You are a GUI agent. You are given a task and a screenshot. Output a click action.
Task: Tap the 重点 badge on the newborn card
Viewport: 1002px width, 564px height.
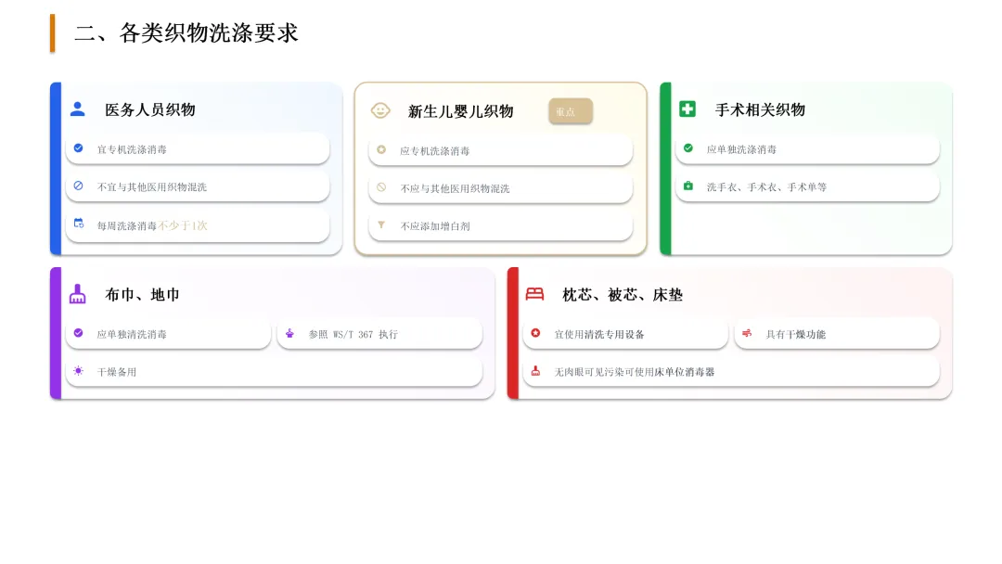(570, 111)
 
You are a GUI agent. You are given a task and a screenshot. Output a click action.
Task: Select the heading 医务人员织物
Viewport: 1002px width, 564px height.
(149, 109)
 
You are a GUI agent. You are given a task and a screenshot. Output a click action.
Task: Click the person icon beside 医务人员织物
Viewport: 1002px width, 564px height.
(78, 109)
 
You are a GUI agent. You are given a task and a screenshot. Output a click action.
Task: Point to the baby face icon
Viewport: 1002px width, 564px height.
(380, 110)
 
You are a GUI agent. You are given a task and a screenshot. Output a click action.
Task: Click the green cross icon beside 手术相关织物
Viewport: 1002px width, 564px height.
(687, 109)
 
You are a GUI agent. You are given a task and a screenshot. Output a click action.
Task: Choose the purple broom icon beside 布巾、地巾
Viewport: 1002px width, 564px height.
(78, 294)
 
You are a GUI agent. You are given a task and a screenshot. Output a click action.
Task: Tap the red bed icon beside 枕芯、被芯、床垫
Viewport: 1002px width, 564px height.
(534, 294)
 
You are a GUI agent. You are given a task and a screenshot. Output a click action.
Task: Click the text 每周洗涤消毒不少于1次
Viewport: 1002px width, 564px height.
(152, 225)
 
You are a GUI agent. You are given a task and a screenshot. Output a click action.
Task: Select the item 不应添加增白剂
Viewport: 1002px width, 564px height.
(435, 226)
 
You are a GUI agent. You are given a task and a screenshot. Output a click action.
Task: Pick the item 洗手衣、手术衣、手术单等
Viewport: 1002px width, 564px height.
(766, 187)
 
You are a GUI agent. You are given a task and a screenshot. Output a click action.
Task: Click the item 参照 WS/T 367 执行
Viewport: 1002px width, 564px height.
(353, 334)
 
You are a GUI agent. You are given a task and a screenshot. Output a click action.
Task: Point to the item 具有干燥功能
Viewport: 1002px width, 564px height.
(795, 334)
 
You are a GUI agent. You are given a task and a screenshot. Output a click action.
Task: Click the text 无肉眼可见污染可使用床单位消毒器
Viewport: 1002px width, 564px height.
(635, 372)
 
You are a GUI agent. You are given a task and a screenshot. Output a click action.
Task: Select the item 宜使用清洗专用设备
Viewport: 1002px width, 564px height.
(599, 334)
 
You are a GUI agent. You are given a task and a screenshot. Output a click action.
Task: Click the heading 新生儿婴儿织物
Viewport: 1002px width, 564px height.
(460, 111)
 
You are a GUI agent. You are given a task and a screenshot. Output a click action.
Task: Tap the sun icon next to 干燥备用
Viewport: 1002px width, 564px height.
(78, 371)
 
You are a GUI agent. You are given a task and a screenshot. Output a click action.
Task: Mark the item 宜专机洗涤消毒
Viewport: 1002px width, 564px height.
(132, 149)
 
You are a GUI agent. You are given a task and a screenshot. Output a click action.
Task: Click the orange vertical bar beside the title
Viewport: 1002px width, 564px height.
(53, 33)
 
